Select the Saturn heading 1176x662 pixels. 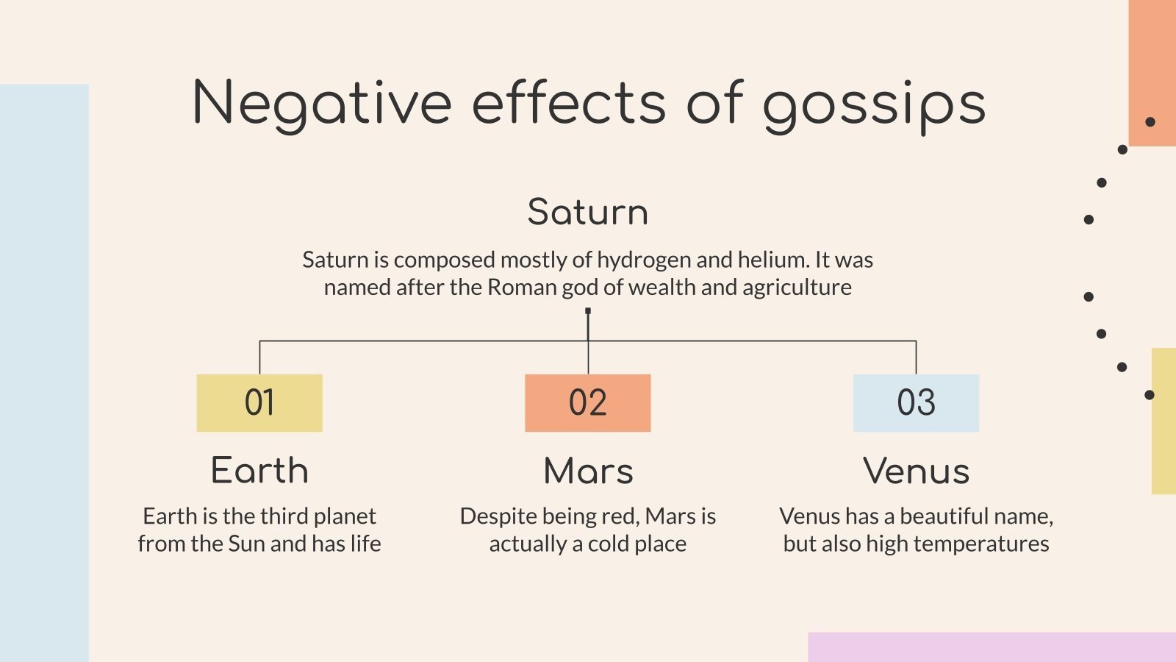(588, 212)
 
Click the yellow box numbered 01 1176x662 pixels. (259, 402)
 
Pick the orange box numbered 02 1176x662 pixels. (588, 402)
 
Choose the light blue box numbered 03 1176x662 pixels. (916, 402)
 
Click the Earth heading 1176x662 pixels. (259, 471)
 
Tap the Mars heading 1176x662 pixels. (588, 471)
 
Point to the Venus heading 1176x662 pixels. (916, 471)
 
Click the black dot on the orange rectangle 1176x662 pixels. (1150, 122)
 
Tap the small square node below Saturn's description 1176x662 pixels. (588, 311)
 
